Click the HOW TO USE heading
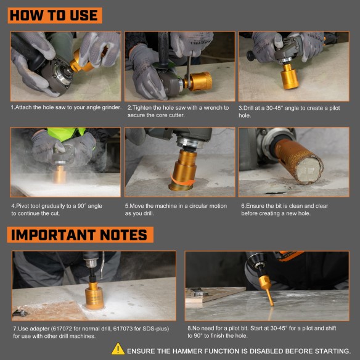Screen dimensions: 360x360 [x=54, y=15]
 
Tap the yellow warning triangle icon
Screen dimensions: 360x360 [x=118, y=349]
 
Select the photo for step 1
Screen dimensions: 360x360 [x=65, y=66]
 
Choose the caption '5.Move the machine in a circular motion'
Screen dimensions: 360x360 [x=176, y=210]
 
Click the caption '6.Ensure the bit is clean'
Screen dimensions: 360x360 [x=290, y=210]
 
